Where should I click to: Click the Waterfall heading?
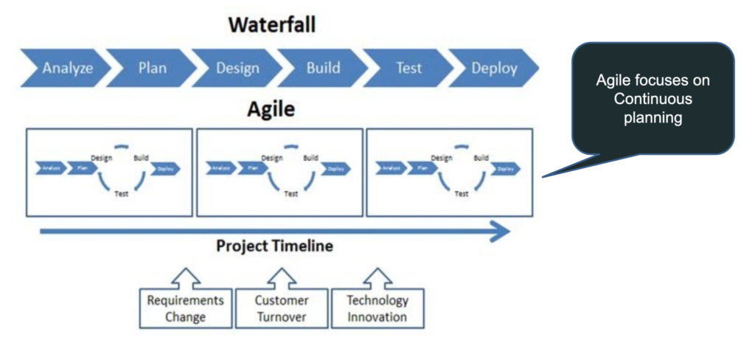point(271,24)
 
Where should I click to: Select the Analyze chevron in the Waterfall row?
point(66,69)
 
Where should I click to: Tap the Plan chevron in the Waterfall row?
point(152,69)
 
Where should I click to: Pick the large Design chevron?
point(237,69)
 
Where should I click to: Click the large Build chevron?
point(323,69)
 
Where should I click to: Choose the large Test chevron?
point(408,69)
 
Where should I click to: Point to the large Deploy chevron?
point(494,69)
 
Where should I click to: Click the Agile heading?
point(270,110)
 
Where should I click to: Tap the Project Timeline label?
point(274,246)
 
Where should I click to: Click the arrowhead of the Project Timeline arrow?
point(501,232)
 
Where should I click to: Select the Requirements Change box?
point(186,308)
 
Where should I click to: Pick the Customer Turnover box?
point(281,308)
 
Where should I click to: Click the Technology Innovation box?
point(377,308)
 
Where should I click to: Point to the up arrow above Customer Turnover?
point(281,277)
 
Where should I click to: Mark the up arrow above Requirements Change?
point(186,277)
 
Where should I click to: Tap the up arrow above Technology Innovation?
point(377,277)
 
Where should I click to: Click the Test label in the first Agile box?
point(122,194)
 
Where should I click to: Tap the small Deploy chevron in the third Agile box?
point(505,169)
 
